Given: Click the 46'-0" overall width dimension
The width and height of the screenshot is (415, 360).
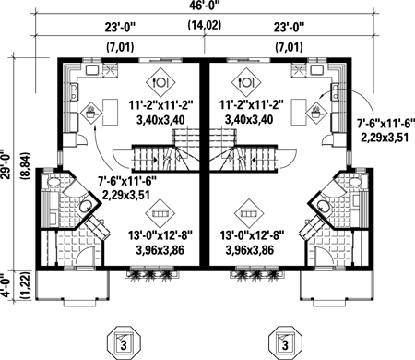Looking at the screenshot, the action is pyautogui.click(x=205, y=5).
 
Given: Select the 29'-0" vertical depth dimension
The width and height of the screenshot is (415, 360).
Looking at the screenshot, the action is pyautogui.click(x=6, y=164).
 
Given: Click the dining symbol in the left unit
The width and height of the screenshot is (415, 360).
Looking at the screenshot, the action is pyautogui.click(x=160, y=82).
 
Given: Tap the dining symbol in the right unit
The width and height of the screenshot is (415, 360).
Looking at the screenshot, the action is pyautogui.click(x=246, y=82).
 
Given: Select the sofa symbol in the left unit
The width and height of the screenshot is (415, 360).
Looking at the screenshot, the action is pyautogui.click(x=160, y=213).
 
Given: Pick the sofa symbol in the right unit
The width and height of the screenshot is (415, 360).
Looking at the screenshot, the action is pyautogui.click(x=249, y=213).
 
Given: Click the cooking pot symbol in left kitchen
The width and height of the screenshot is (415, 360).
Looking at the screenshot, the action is pyautogui.click(x=91, y=113).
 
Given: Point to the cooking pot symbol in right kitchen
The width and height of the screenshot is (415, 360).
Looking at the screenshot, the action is pyautogui.click(x=316, y=113).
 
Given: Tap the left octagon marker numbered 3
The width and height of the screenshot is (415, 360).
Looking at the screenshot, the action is pyautogui.click(x=124, y=342).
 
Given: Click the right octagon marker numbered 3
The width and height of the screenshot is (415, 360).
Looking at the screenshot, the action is pyautogui.click(x=285, y=342).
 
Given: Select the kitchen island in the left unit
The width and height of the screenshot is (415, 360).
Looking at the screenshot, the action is pyautogui.click(x=110, y=112).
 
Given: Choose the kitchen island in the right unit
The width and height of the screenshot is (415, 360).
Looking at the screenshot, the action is pyautogui.click(x=299, y=112).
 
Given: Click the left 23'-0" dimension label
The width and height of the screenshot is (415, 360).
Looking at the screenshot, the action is pyautogui.click(x=120, y=27).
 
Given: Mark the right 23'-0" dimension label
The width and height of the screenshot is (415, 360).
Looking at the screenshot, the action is pyautogui.click(x=289, y=27).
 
